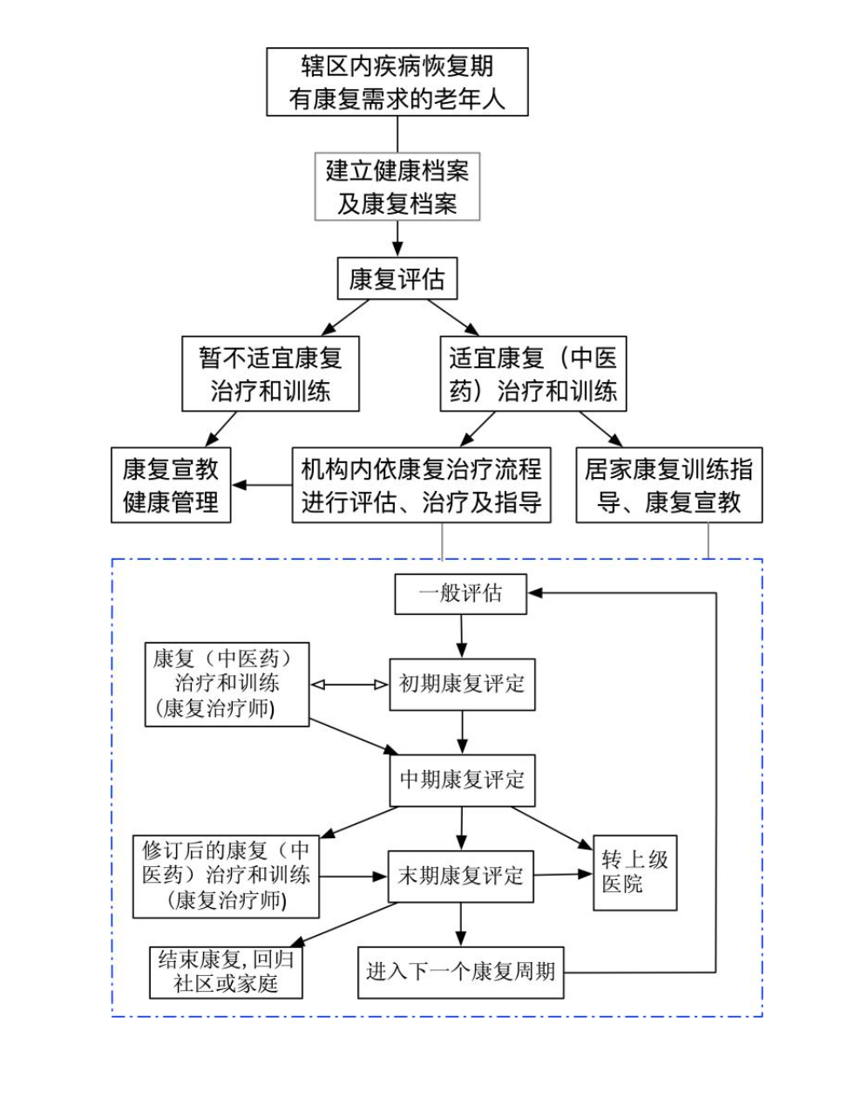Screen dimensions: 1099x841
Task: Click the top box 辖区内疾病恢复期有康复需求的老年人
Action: (397, 82)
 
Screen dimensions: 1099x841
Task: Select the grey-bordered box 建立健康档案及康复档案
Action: (397, 187)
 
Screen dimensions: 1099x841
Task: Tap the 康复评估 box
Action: (397, 279)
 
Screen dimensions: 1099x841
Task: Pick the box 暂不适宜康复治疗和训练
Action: (270, 374)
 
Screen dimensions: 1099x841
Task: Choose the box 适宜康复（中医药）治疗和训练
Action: (532, 374)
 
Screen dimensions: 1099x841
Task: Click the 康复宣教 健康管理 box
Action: (171, 486)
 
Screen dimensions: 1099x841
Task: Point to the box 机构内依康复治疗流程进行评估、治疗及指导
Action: (422, 486)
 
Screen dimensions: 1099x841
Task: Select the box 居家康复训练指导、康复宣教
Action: (668, 486)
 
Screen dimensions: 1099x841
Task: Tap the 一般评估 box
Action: (460, 594)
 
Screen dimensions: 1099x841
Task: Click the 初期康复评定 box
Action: (461, 685)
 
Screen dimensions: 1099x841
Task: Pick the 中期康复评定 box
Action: (462, 780)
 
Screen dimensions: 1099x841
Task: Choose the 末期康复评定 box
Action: (460, 877)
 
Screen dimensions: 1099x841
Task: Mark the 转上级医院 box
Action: (634, 872)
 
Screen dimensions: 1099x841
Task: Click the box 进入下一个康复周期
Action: (460, 972)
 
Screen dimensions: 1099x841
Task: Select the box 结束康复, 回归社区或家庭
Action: (227, 973)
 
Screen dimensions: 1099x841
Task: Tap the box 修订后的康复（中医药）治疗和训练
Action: (226, 877)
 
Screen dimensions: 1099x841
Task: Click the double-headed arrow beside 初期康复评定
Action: (349, 685)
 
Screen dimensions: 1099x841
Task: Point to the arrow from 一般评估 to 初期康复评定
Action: (461, 636)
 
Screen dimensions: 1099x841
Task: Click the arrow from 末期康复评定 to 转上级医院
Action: (563, 874)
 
